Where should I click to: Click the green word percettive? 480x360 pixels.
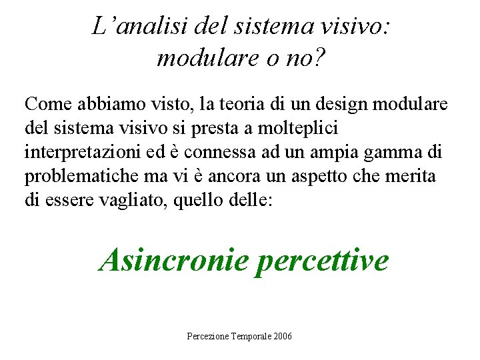point(322,259)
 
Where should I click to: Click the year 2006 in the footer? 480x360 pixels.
point(283,336)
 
